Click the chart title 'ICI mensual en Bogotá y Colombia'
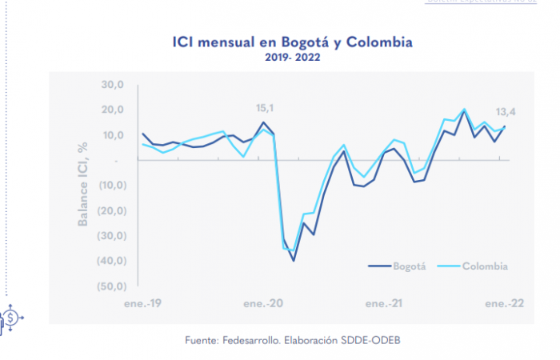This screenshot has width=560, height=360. point(292,42)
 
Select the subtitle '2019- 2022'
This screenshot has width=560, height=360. point(293,57)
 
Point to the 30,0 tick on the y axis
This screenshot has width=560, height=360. point(111,85)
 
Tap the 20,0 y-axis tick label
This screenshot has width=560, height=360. point(111,110)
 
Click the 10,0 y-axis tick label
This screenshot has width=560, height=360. point(111,135)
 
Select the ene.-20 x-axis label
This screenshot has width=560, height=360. point(262,304)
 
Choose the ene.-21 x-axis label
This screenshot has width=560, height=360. point(383,304)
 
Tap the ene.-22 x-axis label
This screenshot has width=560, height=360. point(503,304)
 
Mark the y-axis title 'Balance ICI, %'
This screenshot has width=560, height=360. point(82,185)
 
